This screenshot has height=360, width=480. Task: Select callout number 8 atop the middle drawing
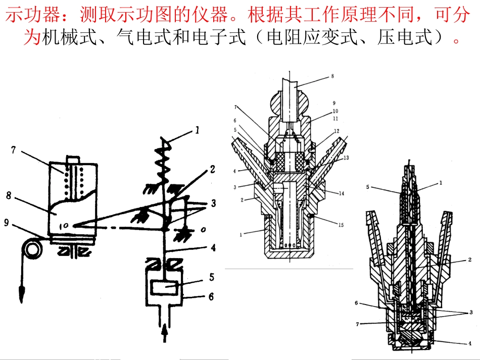pos(332,76)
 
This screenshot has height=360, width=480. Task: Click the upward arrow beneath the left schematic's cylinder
pos(165,333)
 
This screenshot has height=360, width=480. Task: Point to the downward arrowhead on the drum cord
pos(21,295)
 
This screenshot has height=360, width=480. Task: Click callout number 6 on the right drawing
pos(356,303)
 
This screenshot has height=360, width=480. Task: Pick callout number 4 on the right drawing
pos(470,343)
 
